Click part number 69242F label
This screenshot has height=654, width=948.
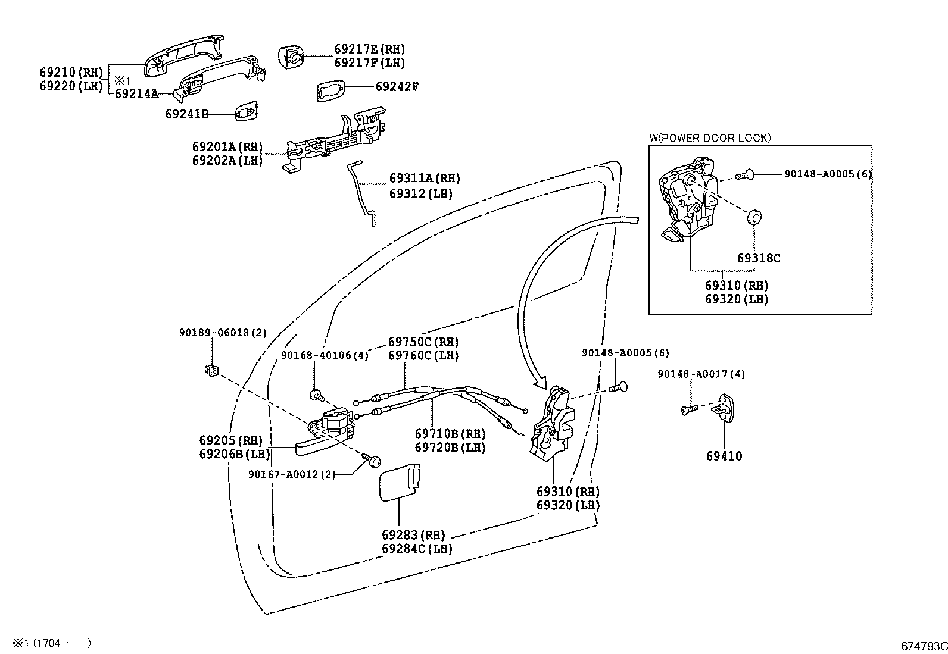point(397,87)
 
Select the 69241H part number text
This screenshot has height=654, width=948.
point(187,114)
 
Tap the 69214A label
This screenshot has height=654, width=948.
point(136,93)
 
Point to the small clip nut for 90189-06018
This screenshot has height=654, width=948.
point(210,370)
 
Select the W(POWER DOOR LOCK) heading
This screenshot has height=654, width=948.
point(710,138)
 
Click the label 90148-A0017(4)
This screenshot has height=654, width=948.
point(701,374)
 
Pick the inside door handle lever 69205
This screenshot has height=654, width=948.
point(325,434)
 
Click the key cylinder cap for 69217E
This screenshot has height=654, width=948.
point(291,57)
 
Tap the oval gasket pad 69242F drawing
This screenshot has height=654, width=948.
point(330,90)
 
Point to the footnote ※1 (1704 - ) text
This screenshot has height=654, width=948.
point(52,643)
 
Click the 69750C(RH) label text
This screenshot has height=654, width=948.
point(423,342)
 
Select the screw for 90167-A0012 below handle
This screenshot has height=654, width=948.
point(375,460)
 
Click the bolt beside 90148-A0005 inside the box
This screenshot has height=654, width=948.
point(745,174)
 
